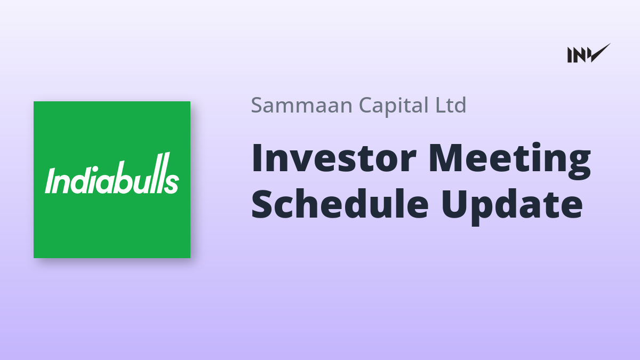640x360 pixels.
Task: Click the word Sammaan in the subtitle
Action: coord(302,105)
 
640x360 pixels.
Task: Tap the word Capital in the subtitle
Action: coord(394,106)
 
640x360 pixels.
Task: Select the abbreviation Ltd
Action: coord(451,105)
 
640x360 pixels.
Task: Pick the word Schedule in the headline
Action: coord(340,203)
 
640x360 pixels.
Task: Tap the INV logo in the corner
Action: coord(589,53)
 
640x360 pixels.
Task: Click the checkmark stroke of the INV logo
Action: coord(600,53)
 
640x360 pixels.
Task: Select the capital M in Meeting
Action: coord(446,158)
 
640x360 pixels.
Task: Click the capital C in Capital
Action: coord(366,105)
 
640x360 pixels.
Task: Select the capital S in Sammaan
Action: coord(257,105)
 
